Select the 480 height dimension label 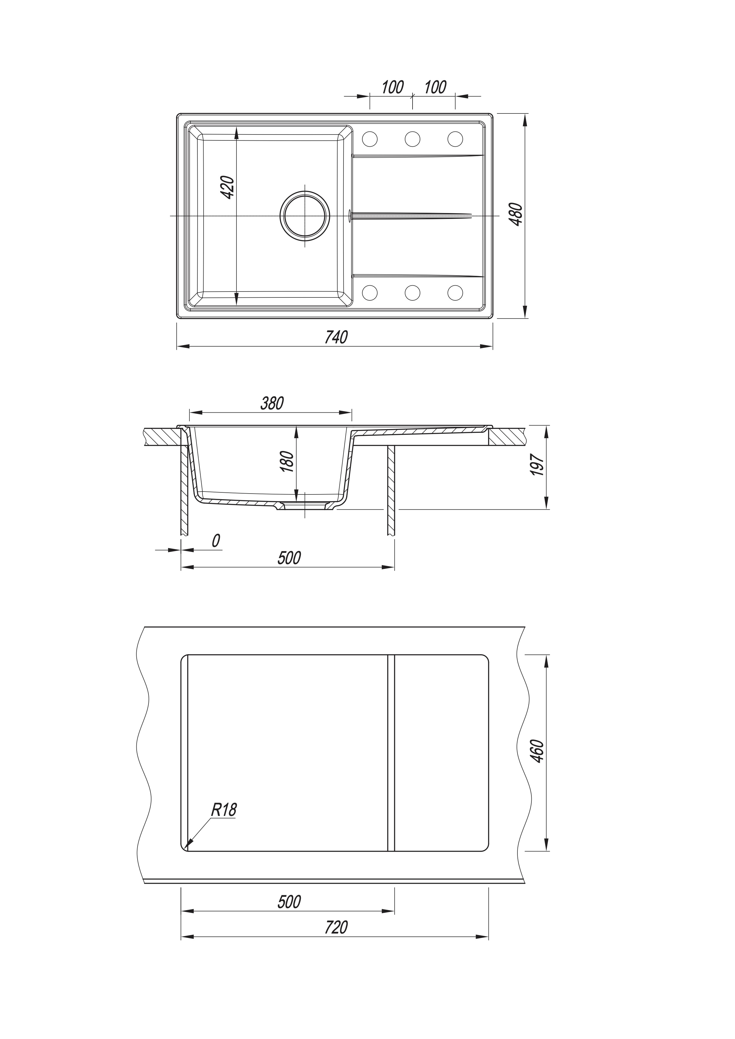point(516,215)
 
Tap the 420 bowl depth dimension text point(228,187)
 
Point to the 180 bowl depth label point(288,462)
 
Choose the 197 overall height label point(537,465)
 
